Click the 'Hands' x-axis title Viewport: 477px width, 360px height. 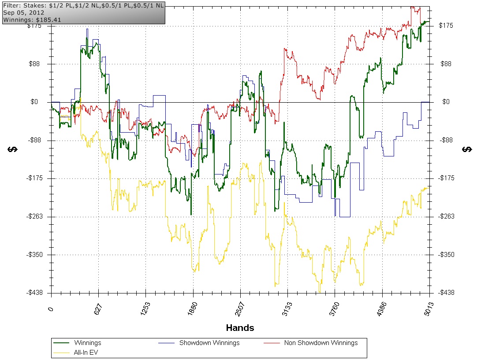pyautogui.click(x=240, y=328)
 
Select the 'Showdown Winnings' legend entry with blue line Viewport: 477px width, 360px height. pyautogui.click(x=209, y=343)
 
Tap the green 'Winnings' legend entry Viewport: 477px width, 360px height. pyautogui.click(x=87, y=343)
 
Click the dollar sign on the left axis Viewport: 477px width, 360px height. pyautogui.click(x=13, y=149)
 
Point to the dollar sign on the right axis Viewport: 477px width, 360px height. pyautogui.click(x=466, y=149)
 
